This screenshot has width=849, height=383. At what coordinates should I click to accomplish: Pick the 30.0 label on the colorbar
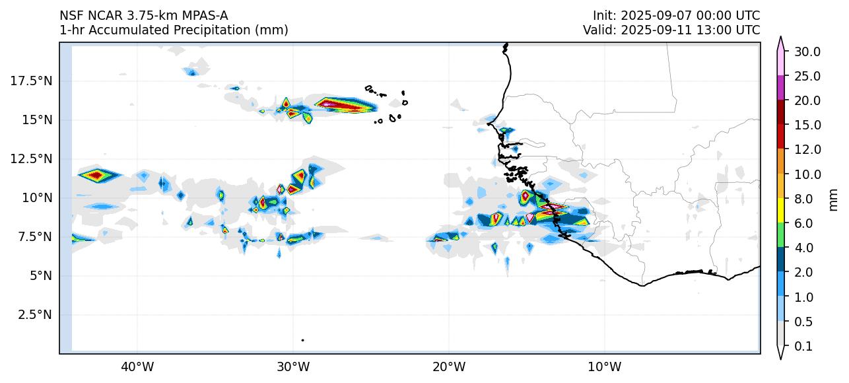pos(807,52)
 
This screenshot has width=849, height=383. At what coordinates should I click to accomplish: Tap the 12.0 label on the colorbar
pos(807,150)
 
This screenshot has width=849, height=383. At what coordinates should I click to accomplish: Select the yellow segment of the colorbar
pos(781,211)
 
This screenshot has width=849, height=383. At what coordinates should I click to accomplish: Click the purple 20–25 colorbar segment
pos(781,88)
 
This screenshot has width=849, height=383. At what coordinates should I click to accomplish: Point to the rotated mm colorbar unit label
pos(833,199)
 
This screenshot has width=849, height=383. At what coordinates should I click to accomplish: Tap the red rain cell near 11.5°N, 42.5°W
pos(96,175)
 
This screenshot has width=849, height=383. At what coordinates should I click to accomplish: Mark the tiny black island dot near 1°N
pos(302,340)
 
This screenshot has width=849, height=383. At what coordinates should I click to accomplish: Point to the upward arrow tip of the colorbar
pos(781,39)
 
